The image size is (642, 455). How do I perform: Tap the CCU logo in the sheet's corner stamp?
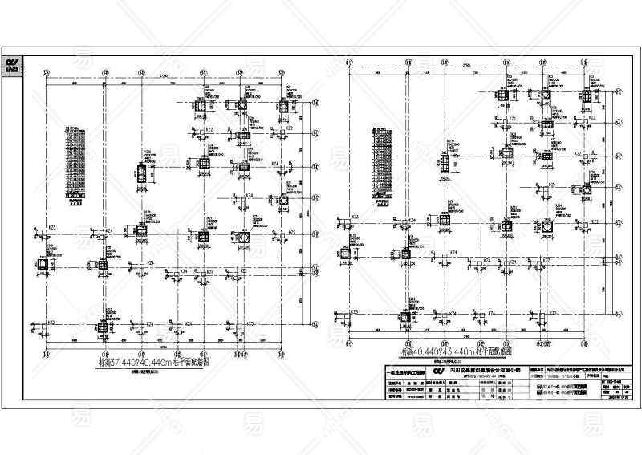[13, 63]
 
